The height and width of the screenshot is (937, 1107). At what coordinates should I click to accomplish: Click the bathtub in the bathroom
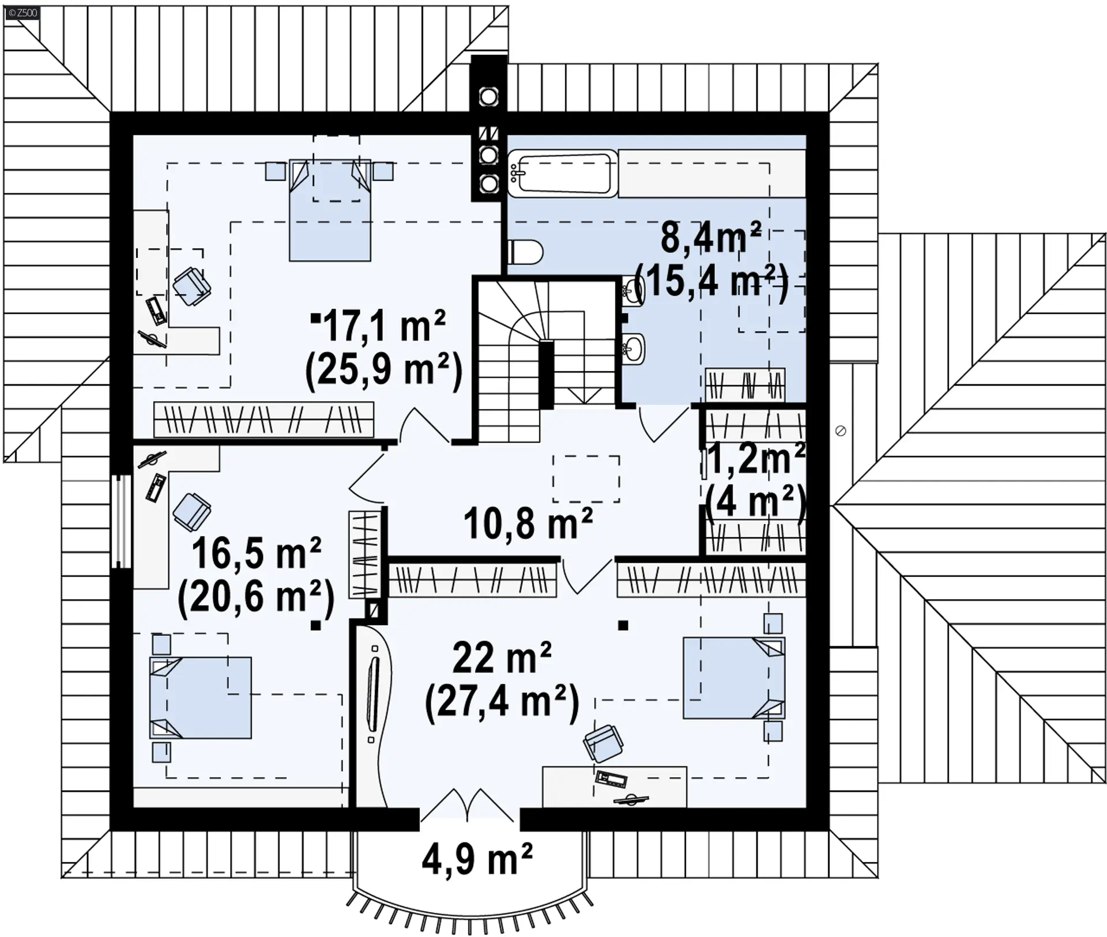pos(562,173)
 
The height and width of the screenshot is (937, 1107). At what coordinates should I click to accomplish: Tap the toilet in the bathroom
pos(525,252)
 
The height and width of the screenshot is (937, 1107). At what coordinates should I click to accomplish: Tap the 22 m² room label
pos(502,658)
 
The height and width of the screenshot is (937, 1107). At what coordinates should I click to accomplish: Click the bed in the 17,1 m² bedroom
pos(330,210)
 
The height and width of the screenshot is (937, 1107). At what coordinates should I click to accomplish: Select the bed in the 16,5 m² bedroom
pos(201,697)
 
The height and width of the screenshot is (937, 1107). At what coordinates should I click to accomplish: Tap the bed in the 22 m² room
pos(734,678)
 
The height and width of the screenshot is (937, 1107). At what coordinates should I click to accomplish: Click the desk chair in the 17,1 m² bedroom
pos(192,287)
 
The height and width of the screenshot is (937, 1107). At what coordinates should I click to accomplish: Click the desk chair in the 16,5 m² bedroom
pos(191,512)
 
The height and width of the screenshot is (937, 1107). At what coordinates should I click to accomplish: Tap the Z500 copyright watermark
pos(22,12)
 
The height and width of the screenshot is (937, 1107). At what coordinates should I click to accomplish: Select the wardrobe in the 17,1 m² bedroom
pos(263,418)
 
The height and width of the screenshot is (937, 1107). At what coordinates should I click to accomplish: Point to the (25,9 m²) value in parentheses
pos(384,370)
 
